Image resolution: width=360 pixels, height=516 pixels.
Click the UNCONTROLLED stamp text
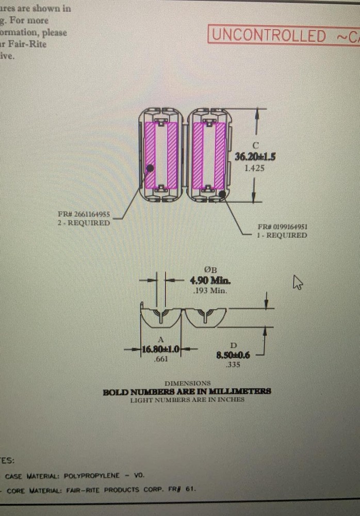click(269, 36)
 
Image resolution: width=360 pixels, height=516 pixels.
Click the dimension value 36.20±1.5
click(255, 157)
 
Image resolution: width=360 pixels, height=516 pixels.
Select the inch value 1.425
click(254, 168)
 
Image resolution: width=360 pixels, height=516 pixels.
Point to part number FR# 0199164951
click(283, 227)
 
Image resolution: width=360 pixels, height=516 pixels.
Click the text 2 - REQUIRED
click(84, 223)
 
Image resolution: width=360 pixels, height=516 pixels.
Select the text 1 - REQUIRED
click(282, 235)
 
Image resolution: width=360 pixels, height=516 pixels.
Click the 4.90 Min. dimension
click(210, 281)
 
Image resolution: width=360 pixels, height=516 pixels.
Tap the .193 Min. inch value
click(209, 291)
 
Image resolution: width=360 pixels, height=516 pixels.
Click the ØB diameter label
click(210, 270)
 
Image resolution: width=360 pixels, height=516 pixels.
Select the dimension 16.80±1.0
click(160, 349)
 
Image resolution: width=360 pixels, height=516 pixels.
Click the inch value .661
click(160, 360)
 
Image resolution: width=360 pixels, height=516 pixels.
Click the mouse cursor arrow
click(298, 282)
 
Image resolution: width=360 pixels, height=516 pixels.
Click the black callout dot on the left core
click(150, 168)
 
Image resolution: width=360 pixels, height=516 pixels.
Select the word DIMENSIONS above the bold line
click(187, 383)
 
